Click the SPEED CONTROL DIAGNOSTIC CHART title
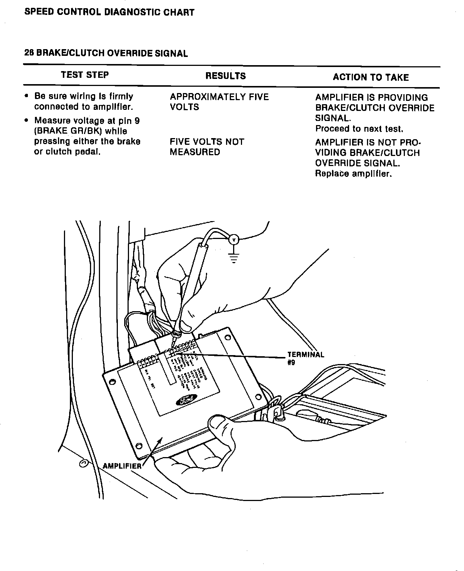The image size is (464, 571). click(x=109, y=12)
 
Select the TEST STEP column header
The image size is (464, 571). click(x=85, y=75)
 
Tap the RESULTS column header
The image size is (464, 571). click(x=225, y=76)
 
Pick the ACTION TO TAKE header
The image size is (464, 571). click(x=371, y=77)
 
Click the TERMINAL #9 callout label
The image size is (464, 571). click(x=305, y=358)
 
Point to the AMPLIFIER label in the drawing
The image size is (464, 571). click(x=122, y=466)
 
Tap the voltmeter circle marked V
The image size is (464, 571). click(x=233, y=240)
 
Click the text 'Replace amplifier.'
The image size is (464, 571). click(x=353, y=174)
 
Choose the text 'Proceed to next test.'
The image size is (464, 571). click(x=359, y=129)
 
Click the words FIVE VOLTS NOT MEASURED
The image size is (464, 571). click(x=207, y=147)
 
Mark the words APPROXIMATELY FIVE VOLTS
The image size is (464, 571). click(x=219, y=102)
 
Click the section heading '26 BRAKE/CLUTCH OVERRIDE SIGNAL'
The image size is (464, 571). click(x=106, y=53)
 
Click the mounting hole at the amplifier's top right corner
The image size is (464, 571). click(x=227, y=338)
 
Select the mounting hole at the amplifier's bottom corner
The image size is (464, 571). click(x=139, y=446)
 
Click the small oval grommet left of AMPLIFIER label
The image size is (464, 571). click(x=84, y=463)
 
